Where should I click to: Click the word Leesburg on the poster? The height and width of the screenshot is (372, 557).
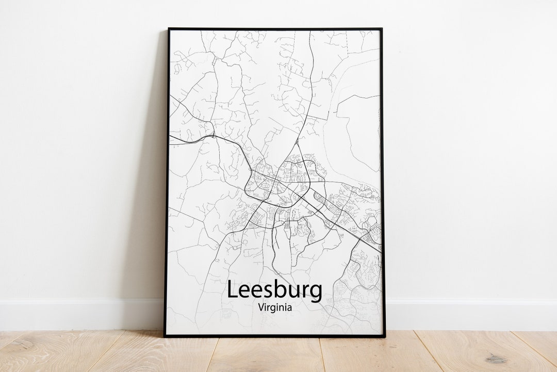pyautogui.click(x=274, y=290)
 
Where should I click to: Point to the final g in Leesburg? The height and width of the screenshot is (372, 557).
pyautogui.click(x=315, y=293)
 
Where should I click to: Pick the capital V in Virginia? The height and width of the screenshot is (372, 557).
pyautogui.click(x=260, y=307)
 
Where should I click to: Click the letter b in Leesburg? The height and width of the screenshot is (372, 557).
pyautogui.click(x=278, y=289)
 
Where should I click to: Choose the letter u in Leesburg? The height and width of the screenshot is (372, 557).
pyautogui.click(x=292, y=292)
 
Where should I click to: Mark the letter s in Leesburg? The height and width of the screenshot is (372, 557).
pyautogui.click(x=266, y=292)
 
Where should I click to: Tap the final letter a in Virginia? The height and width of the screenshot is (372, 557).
pyautogui.click(x=289, y=308)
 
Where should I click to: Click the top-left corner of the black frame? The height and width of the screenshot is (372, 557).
pyautogui.click(x=168, y=29)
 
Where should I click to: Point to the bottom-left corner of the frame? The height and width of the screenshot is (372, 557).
pyautogui.click(x=165, y=336)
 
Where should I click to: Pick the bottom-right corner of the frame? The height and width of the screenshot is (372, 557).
pyautogui.click(x=384, y=336)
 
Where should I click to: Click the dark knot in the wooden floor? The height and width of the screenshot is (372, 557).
pyautogui.click(x=496, y=358)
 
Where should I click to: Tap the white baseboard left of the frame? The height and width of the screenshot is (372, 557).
pyautogui.click(x=77, y=314)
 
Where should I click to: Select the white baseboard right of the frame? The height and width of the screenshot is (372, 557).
pyautogui.click(x=469, y=314)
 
